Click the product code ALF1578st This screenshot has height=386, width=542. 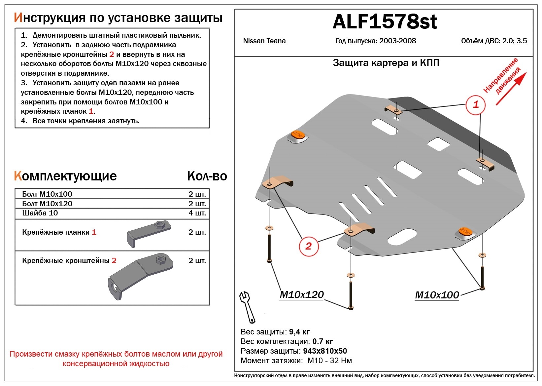coord(385,22)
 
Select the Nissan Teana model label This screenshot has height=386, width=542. coord(264,41)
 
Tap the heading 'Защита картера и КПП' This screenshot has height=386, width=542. coord(386,63)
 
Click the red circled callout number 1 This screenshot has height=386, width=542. coord(475,105)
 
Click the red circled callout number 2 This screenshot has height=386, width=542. coord(308,246)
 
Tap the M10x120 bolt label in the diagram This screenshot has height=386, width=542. coord(301,295)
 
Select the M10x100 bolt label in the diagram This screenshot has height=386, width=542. coord(437,295)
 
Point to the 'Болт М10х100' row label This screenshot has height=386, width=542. coord(47,194)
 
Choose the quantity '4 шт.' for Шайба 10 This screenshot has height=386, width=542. coord(197,213)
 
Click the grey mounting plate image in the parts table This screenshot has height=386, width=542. coord(149,233)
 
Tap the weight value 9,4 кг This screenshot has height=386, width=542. coord(299,332)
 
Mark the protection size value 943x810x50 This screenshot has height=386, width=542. coord(325,351)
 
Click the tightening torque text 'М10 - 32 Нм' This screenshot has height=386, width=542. coord(329,361)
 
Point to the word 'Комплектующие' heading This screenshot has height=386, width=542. coord(65,176)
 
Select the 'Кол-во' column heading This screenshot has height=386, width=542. coord(207,176)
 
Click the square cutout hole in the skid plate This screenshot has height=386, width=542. coord(438,144)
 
